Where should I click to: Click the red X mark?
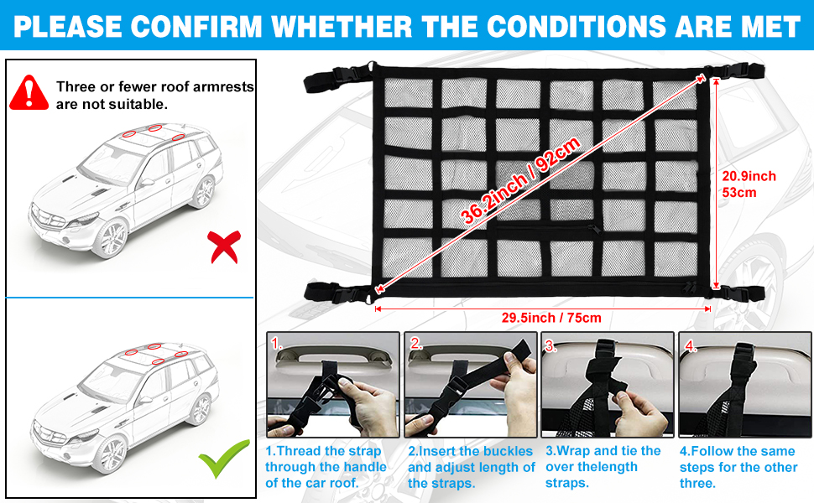(x=222, y=246)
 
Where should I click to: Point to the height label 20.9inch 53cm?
(x=749, y=184)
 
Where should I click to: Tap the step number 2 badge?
(x=415, y=345)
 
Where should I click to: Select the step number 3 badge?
(x=551, y=345)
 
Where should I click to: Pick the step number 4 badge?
(x=690, y=345)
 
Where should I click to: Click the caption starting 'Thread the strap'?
(x=326, y=467)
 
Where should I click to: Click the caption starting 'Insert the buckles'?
(x=471, y=467)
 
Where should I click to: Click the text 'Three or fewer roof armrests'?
(x=154, y=86)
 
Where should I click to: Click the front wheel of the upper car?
(x=111, y=239)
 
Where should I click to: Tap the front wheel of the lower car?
(x=111, y=451)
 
